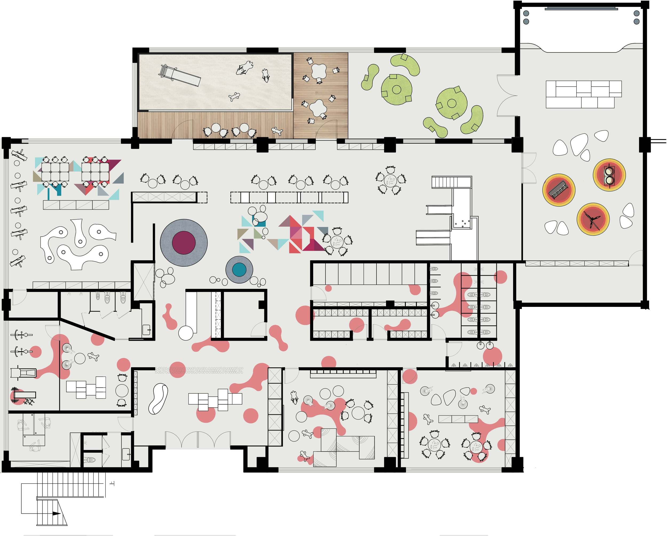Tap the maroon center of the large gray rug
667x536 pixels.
(184, 242)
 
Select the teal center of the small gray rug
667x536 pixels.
(239, 269)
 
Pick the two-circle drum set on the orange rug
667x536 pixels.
(609, 175)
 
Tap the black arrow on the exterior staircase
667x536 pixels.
(56, 513)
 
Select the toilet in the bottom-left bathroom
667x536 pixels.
(90, 460)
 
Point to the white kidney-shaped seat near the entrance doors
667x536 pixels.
(158, 399)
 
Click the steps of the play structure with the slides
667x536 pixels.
(451, 182)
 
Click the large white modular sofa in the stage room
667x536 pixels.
(583, 94)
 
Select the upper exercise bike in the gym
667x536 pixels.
(21, 334)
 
